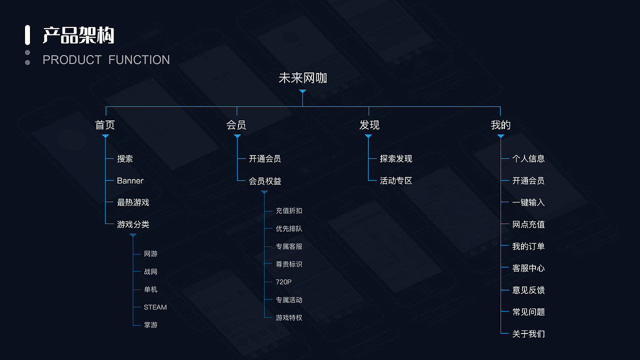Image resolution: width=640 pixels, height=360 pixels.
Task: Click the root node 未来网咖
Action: [302, 78]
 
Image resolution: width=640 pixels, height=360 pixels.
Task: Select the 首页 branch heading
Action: [105, 125]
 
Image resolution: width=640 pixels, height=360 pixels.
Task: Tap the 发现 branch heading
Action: [369, 125]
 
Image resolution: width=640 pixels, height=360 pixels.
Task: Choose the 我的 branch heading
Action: [500, 125]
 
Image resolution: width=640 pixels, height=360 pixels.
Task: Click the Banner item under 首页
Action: [130, 180]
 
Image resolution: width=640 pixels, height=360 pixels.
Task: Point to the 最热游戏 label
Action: [133, 202]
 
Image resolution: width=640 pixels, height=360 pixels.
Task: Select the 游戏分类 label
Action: [133, 224]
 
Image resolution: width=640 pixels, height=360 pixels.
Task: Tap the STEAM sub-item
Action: [155, 307]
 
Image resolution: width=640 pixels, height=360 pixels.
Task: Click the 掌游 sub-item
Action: [150, 325]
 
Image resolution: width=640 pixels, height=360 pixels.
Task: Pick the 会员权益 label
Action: [265, 181]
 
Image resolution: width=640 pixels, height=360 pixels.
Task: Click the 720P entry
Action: [283, 282]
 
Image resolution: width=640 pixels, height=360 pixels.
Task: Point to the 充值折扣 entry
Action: [289, 211]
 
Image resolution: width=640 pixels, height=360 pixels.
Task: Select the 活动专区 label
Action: [396, 181]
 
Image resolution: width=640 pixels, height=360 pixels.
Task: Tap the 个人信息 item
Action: [528, 158]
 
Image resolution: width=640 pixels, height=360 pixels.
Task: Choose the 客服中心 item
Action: [528, 268]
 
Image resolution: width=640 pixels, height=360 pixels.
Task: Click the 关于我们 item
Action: [528, 334]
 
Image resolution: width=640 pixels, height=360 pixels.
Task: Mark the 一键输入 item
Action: [528, 202]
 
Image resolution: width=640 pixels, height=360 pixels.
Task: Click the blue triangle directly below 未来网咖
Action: [302, 91]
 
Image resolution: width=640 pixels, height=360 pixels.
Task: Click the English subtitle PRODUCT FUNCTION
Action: [106, 60]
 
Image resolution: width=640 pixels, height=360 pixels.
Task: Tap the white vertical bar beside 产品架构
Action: [27, 35]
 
